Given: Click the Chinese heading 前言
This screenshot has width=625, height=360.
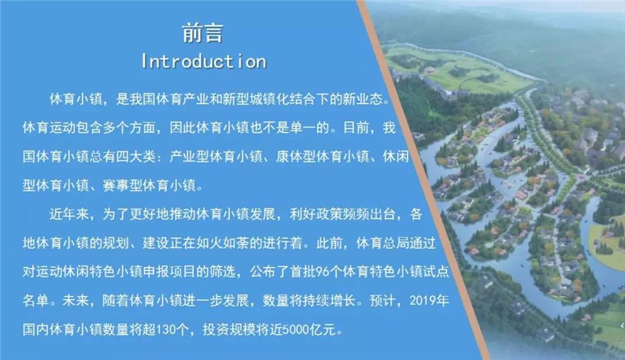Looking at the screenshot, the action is (202, 33).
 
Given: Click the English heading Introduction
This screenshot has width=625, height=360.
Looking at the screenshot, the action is (204, 62).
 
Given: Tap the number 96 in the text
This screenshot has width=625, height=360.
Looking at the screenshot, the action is (323, 272).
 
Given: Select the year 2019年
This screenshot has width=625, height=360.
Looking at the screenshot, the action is (429, 301).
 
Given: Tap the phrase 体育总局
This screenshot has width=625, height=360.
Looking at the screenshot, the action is (383, 243).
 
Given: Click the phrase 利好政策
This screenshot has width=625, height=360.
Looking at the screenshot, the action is (316, 214).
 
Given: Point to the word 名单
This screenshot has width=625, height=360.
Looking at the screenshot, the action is (35, 301).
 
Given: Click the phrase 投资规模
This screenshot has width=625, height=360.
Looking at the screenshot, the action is (229, 330).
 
